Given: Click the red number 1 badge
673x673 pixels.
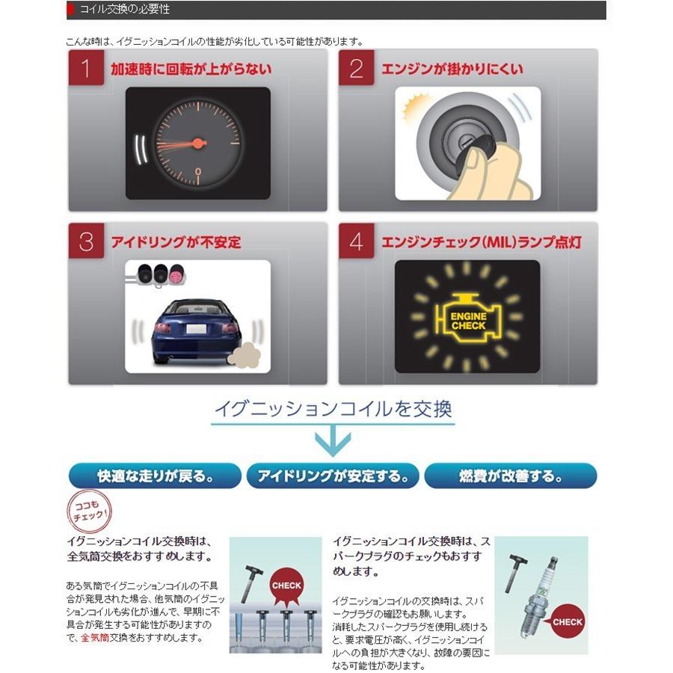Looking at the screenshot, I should [85, 70].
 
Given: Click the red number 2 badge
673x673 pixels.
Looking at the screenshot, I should [356, 70].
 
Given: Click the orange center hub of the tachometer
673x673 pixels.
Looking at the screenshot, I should [198, 142].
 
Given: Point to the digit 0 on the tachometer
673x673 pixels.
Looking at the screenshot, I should [198, 172].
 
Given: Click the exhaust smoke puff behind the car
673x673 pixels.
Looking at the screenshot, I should [245, 354].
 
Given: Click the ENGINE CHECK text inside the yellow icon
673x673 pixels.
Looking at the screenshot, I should [468, 321].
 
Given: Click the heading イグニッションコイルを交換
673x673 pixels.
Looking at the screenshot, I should [332, 409].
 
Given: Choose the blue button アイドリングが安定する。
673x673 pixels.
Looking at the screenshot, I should [332, 476].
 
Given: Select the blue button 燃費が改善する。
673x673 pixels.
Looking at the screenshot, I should [511, 476].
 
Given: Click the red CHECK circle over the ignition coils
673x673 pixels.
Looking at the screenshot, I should [286, 586].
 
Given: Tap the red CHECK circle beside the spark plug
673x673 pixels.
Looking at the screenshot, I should [568, 621].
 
